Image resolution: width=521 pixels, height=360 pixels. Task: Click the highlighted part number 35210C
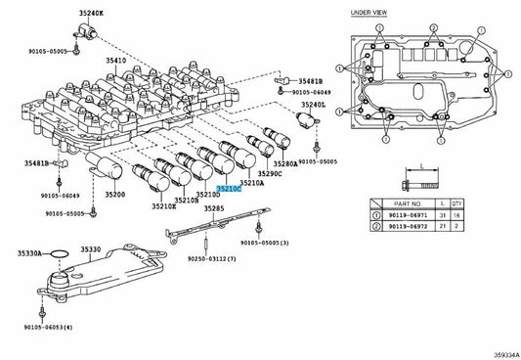229,189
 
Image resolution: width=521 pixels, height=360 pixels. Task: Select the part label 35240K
91,13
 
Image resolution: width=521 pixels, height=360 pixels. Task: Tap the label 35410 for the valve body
116,61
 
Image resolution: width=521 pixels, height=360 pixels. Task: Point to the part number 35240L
314,105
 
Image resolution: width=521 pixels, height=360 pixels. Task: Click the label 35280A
285,163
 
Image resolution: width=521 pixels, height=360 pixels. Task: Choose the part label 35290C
270,173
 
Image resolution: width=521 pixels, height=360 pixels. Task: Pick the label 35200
115,195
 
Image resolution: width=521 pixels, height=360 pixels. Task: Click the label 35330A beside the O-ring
29,253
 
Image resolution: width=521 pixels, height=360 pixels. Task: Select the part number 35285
214,208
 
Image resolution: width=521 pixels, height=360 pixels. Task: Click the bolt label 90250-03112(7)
212,258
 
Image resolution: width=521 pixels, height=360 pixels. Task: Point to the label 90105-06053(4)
48,327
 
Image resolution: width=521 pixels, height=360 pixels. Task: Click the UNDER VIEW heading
369,13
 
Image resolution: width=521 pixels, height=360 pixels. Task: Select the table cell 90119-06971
408,215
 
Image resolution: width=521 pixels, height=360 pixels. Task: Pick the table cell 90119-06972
408,226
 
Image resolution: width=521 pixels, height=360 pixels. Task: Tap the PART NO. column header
408,203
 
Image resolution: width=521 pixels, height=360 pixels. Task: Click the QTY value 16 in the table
456,215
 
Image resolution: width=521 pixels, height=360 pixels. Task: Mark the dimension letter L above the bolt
422,166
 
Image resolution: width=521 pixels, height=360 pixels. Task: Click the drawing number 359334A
506,355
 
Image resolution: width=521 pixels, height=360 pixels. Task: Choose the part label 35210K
164,206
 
